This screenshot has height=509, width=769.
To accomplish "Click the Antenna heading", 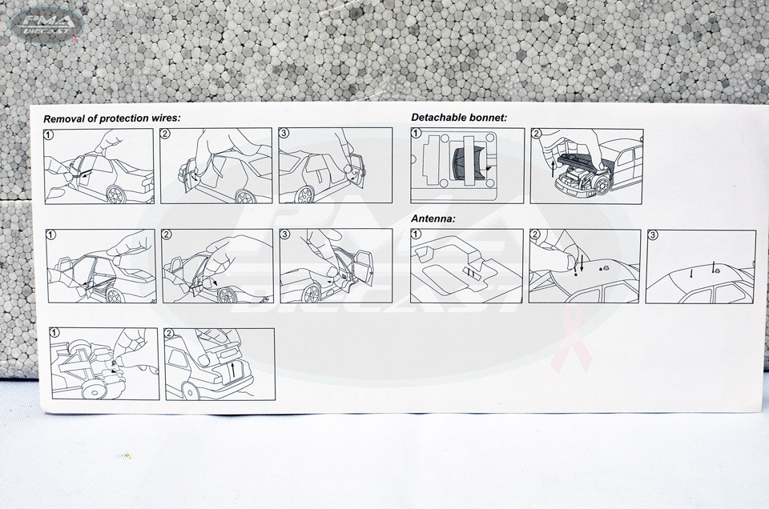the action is pos(433,218).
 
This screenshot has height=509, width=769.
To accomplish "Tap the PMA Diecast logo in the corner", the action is pos(46,24).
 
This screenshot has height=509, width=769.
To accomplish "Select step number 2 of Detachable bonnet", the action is pos(536,134).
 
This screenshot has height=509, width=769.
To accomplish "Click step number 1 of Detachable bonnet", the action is pos(417,133).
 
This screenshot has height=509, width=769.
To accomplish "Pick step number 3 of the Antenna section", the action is pos(652,235).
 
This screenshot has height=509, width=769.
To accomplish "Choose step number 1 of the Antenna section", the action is pos(417,234).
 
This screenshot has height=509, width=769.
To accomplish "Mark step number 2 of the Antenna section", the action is pos(535,234).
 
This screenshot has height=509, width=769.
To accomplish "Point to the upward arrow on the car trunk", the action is pos(233,368).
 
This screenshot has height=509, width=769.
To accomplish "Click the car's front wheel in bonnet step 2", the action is pos(602,185).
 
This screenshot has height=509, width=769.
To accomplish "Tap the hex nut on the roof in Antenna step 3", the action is pos(714,269).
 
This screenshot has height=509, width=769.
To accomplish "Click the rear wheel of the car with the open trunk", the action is pos(190,391).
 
